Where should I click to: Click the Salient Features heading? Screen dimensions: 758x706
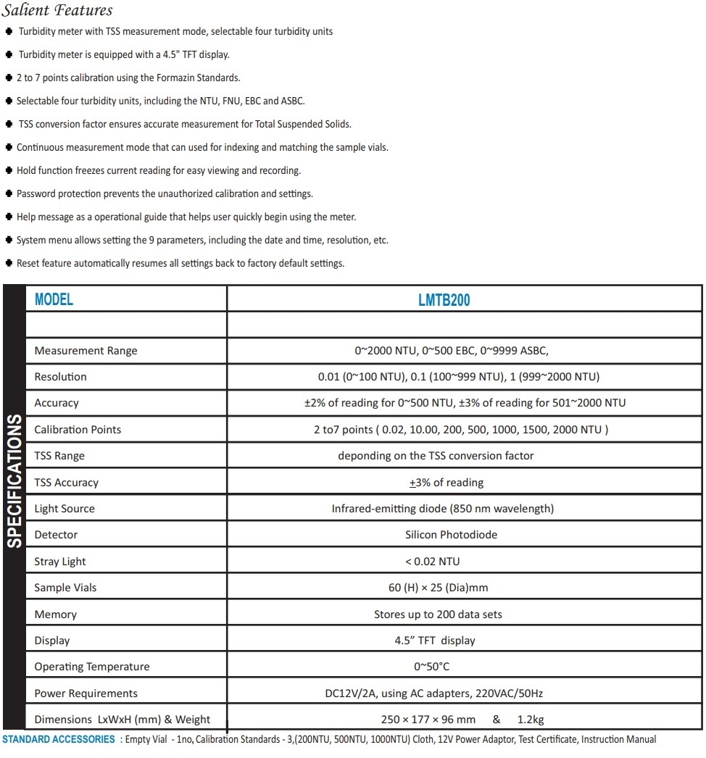(57, 10)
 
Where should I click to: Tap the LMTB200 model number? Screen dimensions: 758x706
(444, 299)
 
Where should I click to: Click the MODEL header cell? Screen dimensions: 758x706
(54, 299)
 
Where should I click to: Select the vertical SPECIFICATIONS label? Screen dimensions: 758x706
(14, 481)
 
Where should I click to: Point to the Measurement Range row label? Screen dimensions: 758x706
(86, 351)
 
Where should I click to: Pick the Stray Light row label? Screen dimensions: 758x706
(60, 562)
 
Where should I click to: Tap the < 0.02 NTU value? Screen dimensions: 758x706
(432, 562)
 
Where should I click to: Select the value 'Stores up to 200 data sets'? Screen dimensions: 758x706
(438, 615)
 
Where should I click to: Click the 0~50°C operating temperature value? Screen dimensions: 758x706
(432, 667)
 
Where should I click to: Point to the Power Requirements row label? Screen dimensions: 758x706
(86, 694)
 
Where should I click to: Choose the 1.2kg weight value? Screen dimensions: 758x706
(531, 720)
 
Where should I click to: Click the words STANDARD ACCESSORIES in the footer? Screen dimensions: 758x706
(58, 740)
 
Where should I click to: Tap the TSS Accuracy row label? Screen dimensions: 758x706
(66, 483)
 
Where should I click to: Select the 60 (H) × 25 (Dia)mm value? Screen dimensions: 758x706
(438, 588)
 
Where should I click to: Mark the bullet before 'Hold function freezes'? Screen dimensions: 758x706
(9, 171)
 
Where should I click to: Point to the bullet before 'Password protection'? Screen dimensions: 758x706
(9, 194)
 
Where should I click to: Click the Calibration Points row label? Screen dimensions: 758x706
(78, 430)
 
